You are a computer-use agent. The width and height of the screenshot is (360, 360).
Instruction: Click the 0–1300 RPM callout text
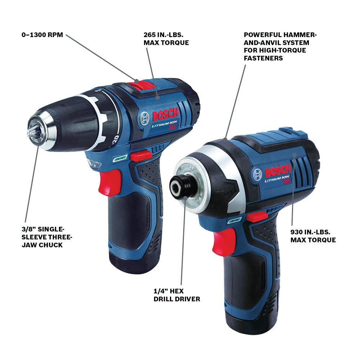[x=42, y=35]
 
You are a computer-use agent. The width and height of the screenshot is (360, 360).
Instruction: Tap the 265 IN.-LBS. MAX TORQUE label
[x=166, y=39]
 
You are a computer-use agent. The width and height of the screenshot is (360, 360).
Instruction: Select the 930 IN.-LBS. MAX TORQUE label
[x=313, y=236]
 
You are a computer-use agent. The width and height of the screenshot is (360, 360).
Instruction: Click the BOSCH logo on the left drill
[x=165, y=115]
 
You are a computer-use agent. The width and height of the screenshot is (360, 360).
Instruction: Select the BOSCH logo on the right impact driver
[x=278, y=169]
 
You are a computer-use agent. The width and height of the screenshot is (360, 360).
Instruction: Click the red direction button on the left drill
[x=140, y=155]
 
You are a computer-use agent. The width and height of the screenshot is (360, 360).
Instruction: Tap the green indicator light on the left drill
[x=118, y=158]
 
